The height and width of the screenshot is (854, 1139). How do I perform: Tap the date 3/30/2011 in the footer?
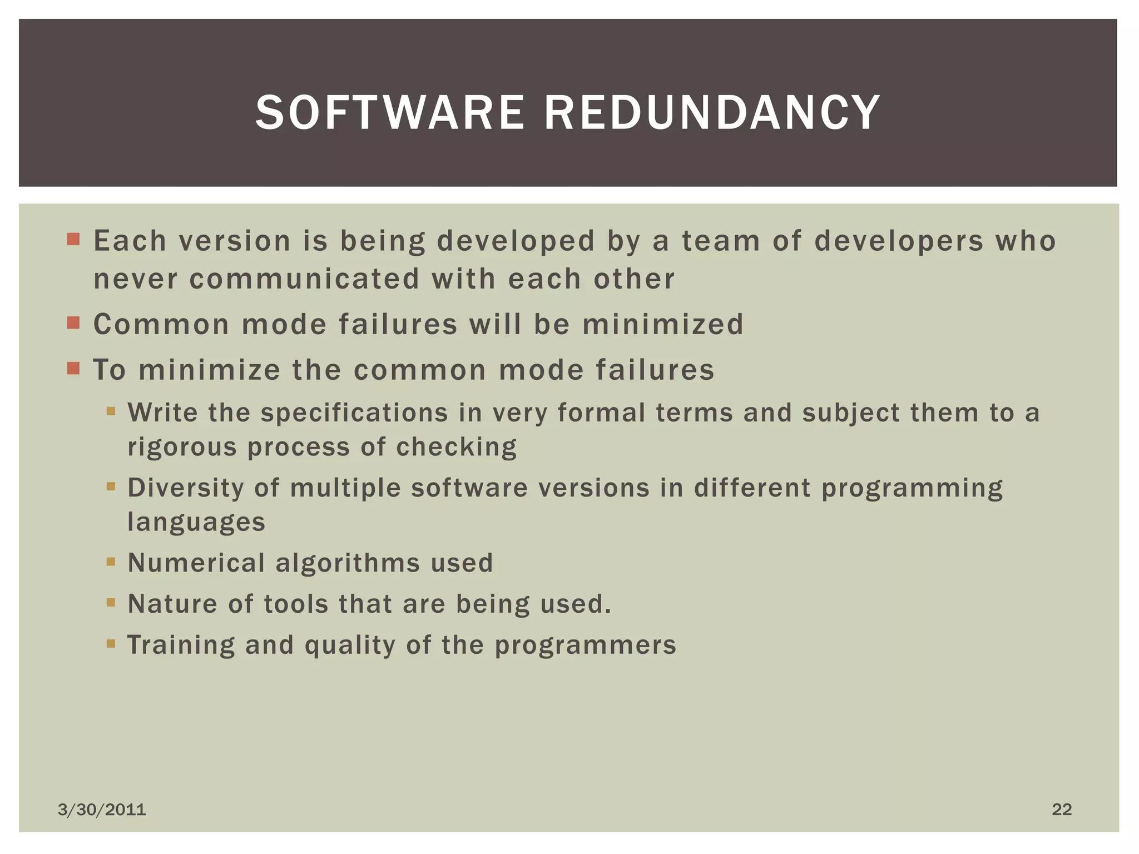(x=102, y=810)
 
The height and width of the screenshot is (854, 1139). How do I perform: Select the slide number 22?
(x=1062, y=809)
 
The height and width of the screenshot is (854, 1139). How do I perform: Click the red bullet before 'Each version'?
(x=73, y=240)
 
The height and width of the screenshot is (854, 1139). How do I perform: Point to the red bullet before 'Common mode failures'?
(x=73, y=323)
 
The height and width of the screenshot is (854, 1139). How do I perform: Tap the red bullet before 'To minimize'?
(x=73, y=369)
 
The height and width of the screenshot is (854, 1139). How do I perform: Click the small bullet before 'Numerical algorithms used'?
(x=111, y=562)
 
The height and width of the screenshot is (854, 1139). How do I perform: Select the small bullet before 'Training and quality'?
(x=111, y=644)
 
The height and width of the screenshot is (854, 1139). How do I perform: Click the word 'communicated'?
(x=304, y=279)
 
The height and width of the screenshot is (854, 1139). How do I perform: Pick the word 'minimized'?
(x=663, y=324)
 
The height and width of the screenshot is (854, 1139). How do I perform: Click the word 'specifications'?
(x=354, y=413)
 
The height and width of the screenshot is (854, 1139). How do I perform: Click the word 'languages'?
(x=196, y=522)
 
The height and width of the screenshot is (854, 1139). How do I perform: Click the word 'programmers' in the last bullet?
(x=585, y=645)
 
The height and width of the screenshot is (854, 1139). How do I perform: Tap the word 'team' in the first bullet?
(x=721, y=241)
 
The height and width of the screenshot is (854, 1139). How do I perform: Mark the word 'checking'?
(x=456, y=447)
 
